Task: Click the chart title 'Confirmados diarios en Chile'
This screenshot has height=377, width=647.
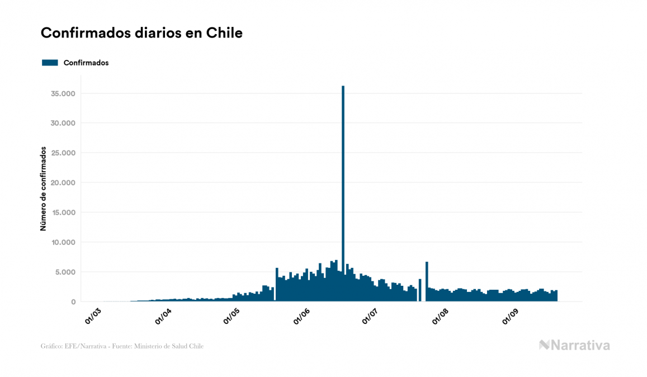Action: pos(141,33)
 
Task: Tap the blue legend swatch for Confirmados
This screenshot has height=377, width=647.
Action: pos(50,63)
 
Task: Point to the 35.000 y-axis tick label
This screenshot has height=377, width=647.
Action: pos(63,93)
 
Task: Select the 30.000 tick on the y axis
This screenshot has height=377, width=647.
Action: pos(63,123)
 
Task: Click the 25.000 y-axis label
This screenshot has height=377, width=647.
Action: pos(63,153)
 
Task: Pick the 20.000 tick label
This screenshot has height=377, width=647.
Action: pos(63,183)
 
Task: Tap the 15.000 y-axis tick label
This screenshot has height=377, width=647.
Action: pos(63,213)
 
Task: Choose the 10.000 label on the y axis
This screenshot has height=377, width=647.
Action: pos(63,242)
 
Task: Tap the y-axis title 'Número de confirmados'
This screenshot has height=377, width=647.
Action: pos(43,189)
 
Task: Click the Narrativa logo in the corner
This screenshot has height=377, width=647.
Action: pos(574,345)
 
